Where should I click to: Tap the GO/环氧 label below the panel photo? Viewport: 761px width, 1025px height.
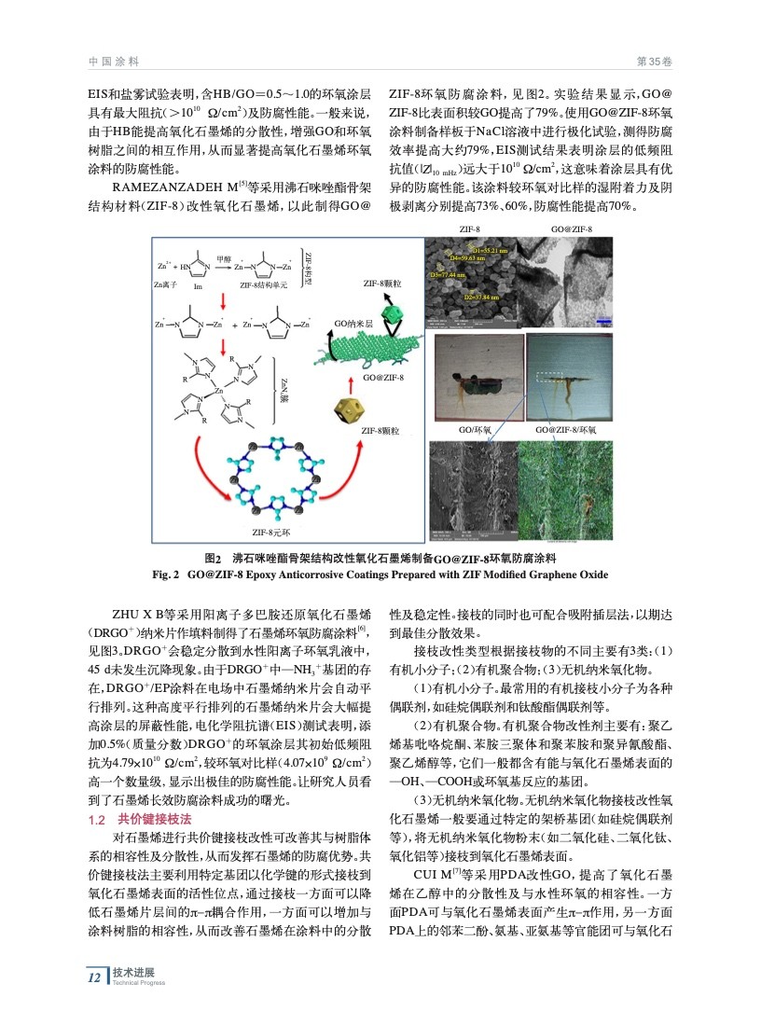point(474,430)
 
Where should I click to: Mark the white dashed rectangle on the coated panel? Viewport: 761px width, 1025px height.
point(555,377)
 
